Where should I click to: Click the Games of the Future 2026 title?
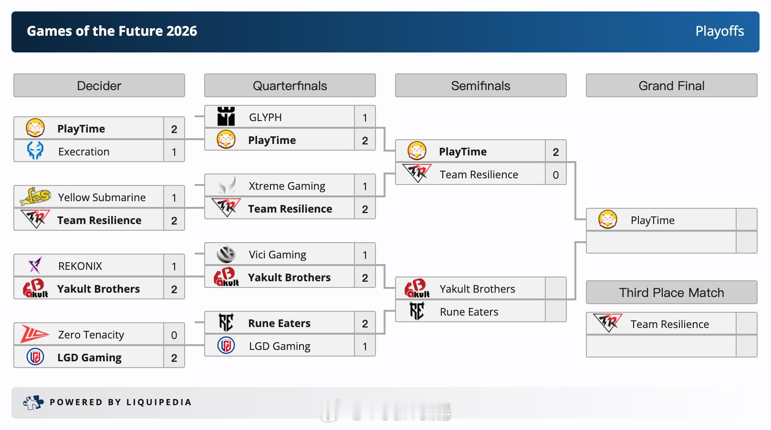(112, 31)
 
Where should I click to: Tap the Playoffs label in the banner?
(720, 31)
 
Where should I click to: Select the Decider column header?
(99, 86)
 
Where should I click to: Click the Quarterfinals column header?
(290, 86)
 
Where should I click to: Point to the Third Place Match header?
(672, 292)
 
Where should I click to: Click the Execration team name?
(83, 152)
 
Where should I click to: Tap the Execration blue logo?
(35, 151)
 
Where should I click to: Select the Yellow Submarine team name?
(102, 197)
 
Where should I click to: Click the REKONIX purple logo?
(35, 265)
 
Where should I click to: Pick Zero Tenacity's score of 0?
(174, 335)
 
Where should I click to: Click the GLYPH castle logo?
(226, 116)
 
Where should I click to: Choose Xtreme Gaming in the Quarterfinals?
(287, 186)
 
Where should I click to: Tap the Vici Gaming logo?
(226, 254)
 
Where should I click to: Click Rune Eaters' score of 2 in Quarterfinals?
(365, 324)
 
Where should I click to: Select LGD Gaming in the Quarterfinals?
(280, 346)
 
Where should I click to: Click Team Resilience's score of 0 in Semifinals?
(555, 175)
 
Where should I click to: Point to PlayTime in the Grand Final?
(652, 220)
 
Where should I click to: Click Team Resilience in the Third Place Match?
(669, 324)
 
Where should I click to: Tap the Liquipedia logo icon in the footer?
(33, 402)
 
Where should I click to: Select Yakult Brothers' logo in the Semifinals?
(417, 288)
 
